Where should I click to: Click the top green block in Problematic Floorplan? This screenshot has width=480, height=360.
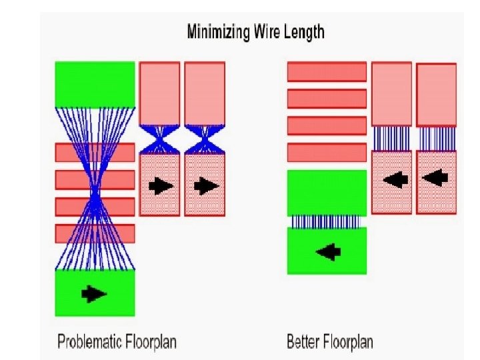95,84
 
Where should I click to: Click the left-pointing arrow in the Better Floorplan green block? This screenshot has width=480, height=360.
327,251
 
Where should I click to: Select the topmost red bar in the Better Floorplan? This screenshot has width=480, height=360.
327,72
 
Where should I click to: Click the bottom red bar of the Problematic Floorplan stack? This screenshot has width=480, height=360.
95,233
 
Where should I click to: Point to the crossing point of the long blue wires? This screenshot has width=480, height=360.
95,193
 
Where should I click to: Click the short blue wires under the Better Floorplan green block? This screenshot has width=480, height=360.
327,221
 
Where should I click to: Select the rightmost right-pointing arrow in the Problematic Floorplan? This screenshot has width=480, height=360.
205,185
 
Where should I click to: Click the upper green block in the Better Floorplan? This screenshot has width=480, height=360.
327,193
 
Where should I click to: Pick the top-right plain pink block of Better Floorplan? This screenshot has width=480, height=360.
436,94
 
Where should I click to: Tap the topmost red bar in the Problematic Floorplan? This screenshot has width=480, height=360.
95,152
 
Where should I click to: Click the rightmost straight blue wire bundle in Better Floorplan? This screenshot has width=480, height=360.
436,139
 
